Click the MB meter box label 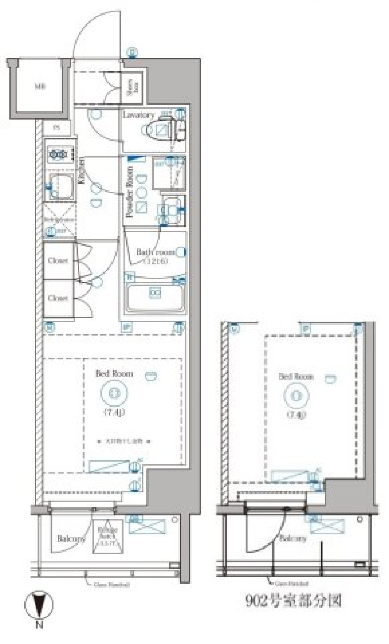tap(40, 86)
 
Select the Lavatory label tap(138, 115)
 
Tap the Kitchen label tap(81, 171)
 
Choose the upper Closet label tap(58, 261)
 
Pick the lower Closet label tap(58, 298)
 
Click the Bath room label tap(155, 252)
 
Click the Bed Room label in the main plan tap(114, 373)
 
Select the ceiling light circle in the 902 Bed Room tap(297, 396)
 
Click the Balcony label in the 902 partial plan tap(293, 538)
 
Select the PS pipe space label tap(57, 127)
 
